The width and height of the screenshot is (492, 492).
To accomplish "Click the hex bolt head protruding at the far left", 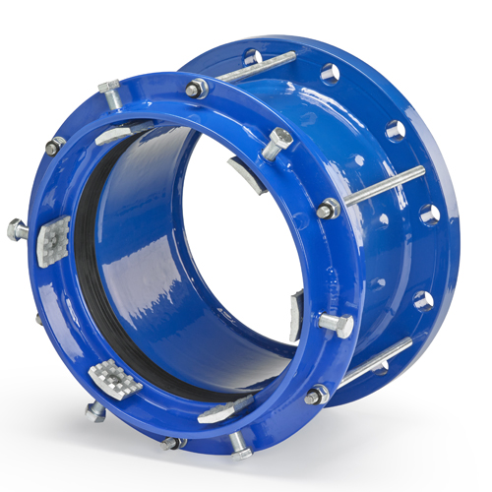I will point(16,228).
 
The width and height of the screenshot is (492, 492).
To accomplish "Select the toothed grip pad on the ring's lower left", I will point(110,376).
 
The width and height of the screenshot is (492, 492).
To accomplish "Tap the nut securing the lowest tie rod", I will point(316,395).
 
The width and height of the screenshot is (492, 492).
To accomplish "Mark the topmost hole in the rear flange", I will point(253,57).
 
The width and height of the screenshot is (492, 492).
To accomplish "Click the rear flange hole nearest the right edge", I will point(430,214).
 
